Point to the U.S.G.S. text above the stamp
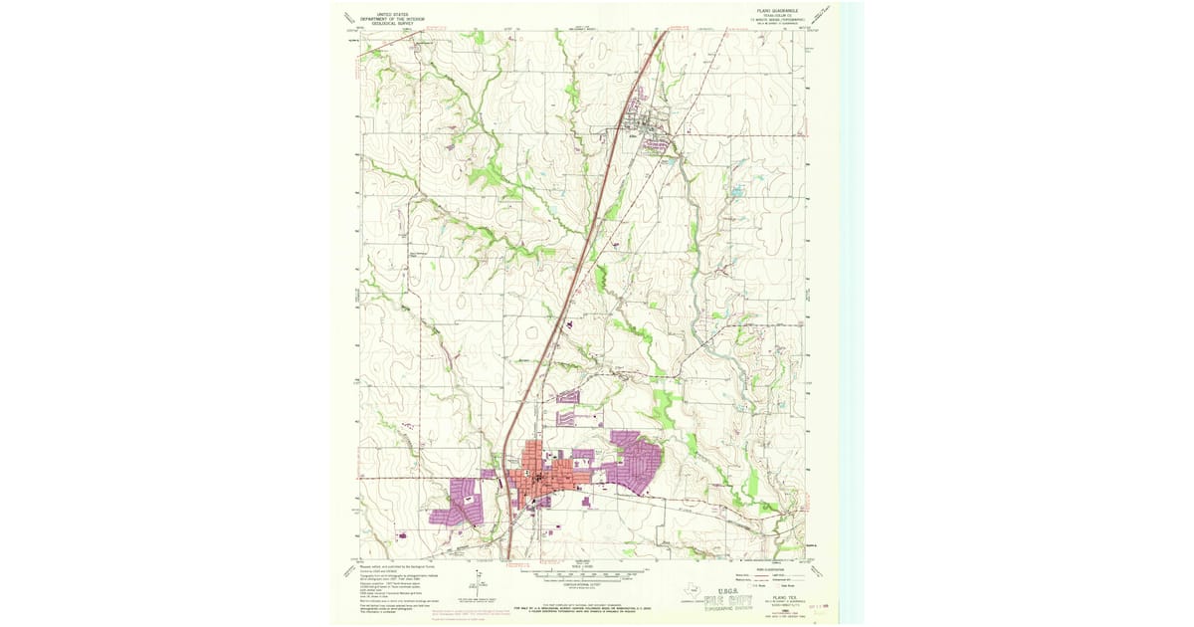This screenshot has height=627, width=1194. coord(724,589)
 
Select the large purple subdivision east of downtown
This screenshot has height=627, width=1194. coord(635,463)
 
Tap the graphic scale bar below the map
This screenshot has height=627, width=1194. coord(585,575)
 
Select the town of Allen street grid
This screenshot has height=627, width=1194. coord(644,124)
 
